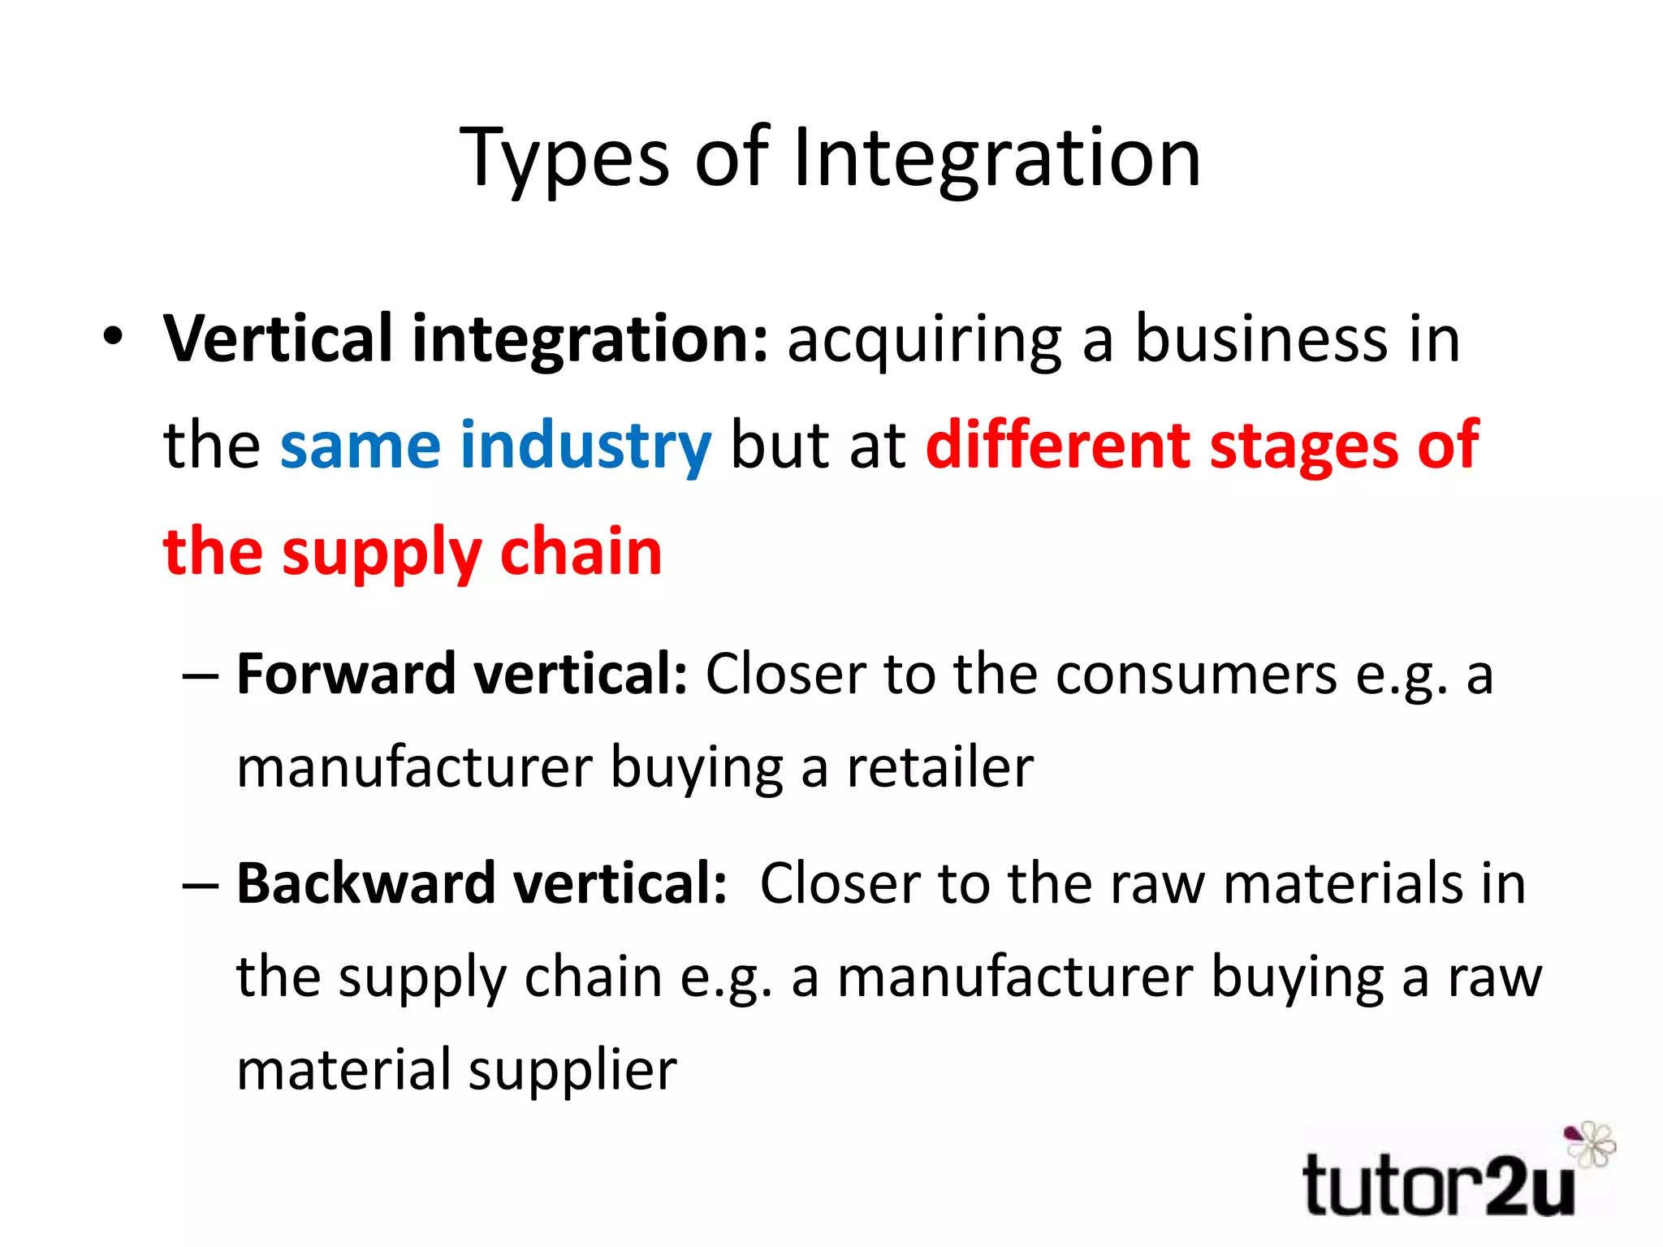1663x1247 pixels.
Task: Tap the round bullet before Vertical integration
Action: (x=114, y=336)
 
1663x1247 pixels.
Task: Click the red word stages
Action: (x=1302, y=447)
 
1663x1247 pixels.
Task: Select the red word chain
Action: (x=581, y=551)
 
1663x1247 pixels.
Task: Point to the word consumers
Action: (x=1195, y=675)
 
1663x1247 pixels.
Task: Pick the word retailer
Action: (x=939, y=767)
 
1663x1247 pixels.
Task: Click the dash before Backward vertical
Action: (x=201, y=885)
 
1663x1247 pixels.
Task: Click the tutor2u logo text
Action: (x=1437, y=1186)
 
